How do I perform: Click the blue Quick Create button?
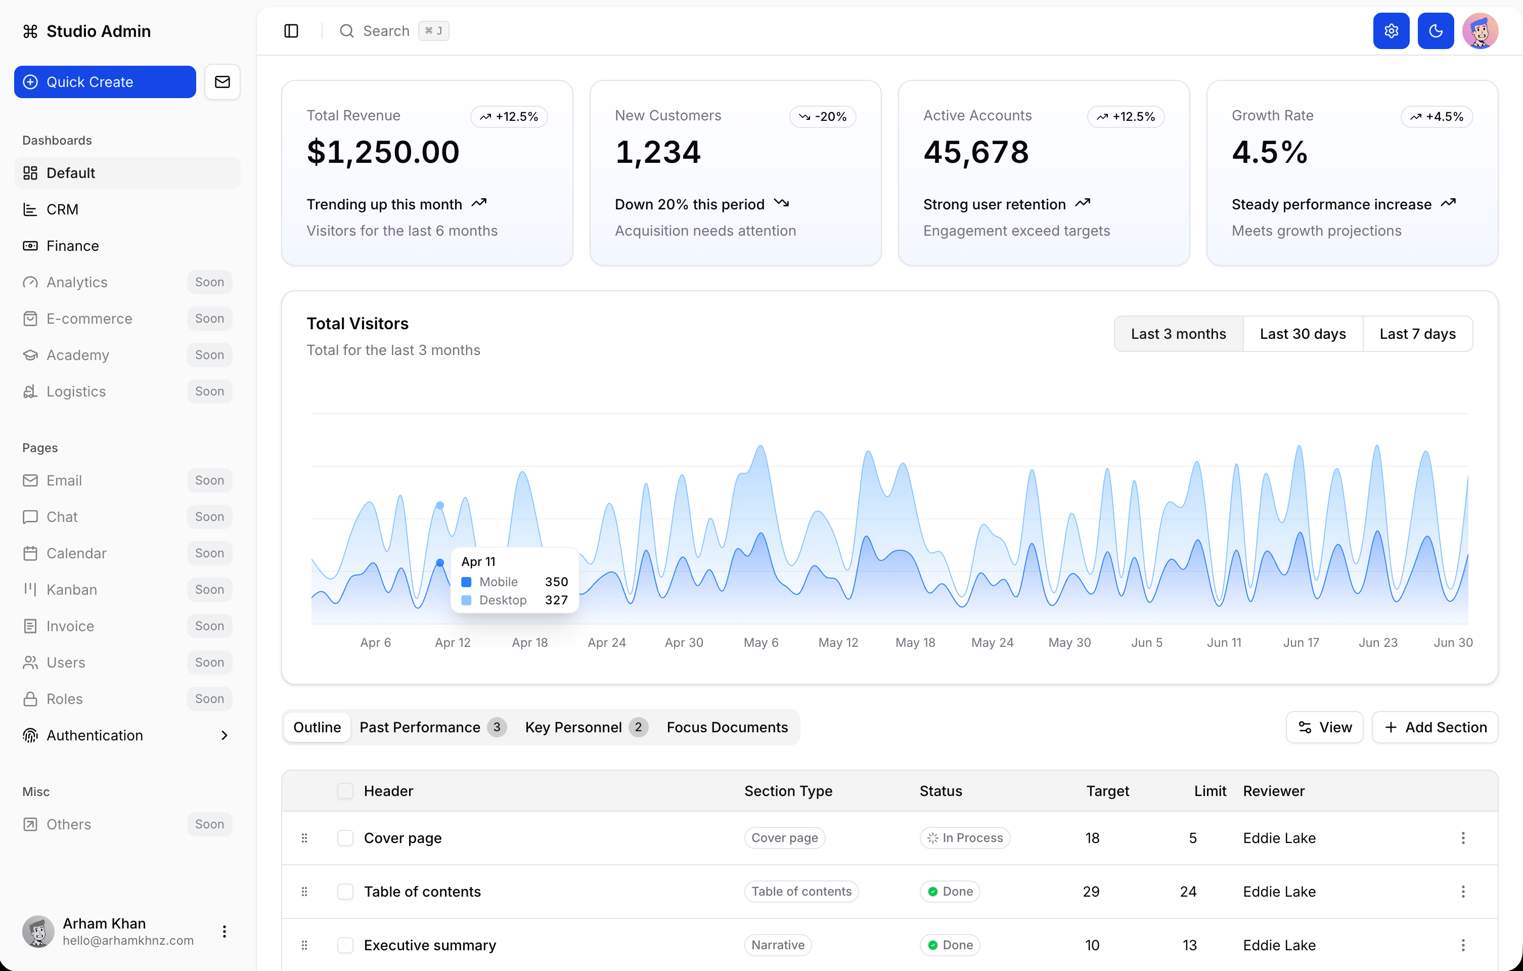(x=105, y=81)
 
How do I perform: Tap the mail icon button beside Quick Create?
(x=222, y=81)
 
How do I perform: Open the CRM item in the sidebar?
(x=62, y=209)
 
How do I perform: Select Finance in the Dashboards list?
(x=72, y=245)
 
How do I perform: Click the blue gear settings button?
(x=1391, y=31)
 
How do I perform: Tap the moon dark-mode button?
(x=1436, y=31)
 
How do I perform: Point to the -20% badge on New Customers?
(x=822, y=116)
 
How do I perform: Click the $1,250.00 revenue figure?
(x=383, y=152)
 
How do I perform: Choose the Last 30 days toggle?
(x=1302, y=333)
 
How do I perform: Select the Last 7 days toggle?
(x=1417, y=333)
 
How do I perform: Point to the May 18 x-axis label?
(x=915, y=642)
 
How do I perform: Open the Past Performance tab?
(x=433, y=727)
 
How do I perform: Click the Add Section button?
(x=1435, y=727)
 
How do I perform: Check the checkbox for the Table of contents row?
(x=345, y=891)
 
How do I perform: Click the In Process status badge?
(x=965, y=837)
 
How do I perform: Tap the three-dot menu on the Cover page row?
(x=1463, y=837)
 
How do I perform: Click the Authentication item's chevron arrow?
(x=224, y=735)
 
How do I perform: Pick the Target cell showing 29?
(x=1091, y=891)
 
